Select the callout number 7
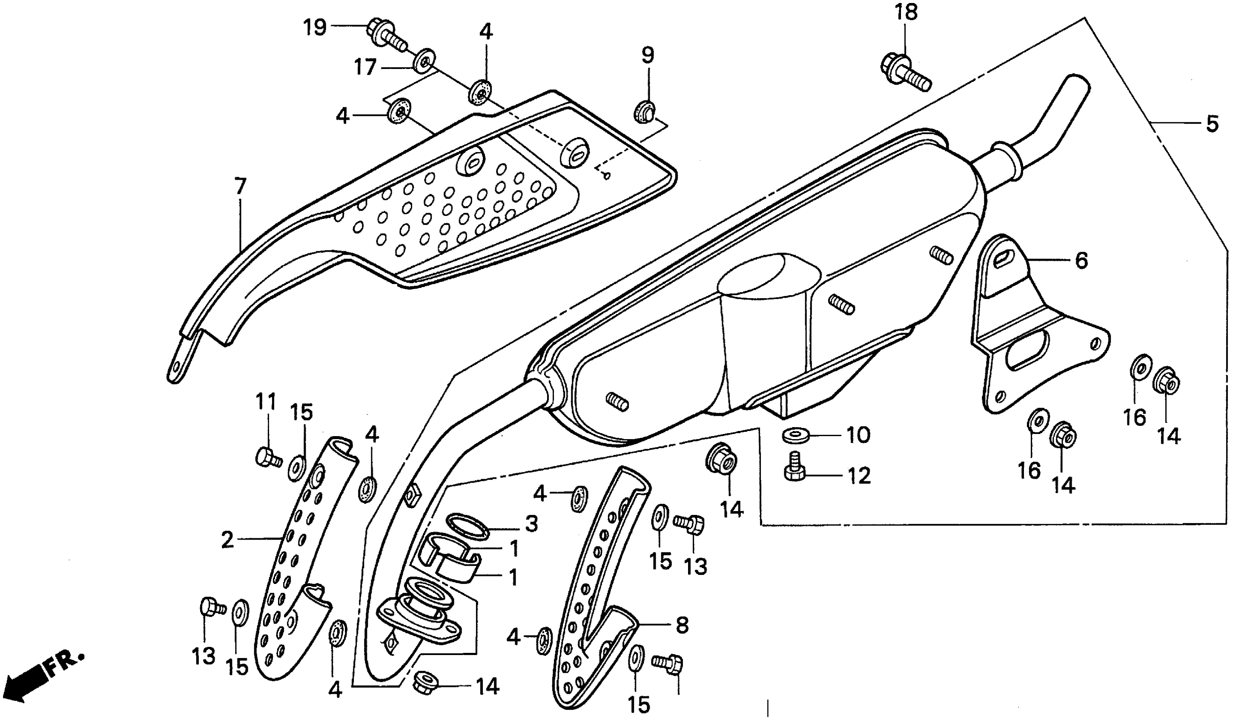240,187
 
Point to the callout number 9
648,55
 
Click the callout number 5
1211,124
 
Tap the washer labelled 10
791,434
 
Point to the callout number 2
227,540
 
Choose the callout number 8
682,624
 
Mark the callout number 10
859,434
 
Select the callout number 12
859,476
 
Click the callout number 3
531,524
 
